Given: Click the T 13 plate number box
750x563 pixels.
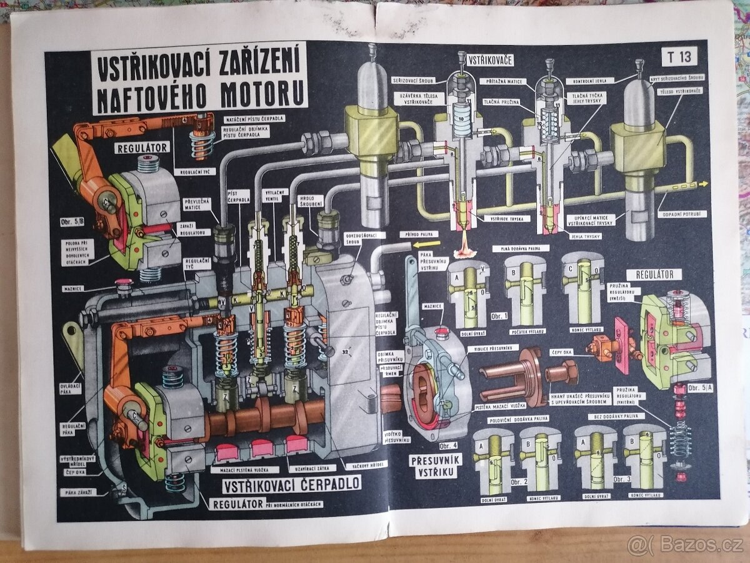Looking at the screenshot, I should pos(679,57).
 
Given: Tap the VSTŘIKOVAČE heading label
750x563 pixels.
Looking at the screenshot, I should pos(490,60).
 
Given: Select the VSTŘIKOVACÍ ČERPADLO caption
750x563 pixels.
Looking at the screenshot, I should pos(291,484).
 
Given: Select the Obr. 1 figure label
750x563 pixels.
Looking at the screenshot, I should pos(499,315).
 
